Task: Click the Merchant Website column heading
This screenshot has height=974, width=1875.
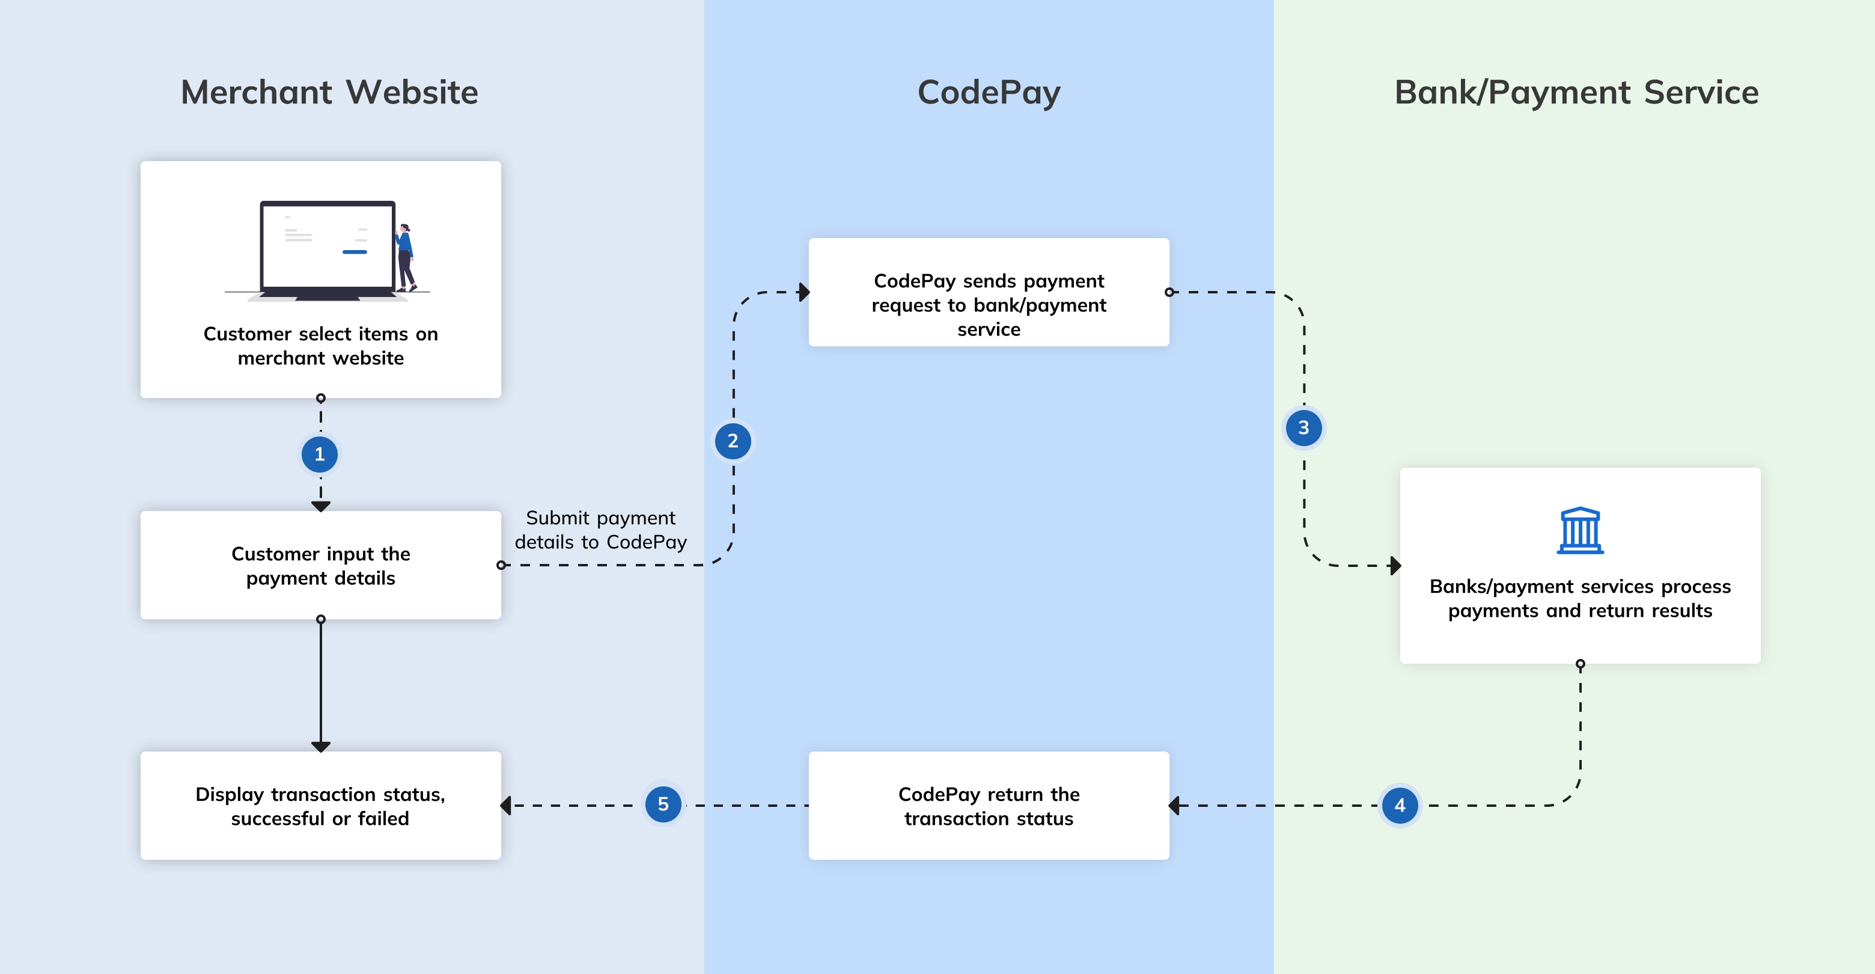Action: pyautogui.click(x=329, y=93)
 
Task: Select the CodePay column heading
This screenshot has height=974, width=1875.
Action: pyautogui.click(x=989, y=93)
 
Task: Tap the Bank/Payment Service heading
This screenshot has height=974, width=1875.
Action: pyautogui.click(x=1576, y=93)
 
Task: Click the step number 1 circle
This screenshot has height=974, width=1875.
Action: pyautogui.click(x=320, y=455)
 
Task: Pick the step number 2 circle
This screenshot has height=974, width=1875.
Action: pyautogui.click(x=733, y=441)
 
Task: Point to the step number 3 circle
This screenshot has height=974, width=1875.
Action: pyautogui.click(x=1303, y=428)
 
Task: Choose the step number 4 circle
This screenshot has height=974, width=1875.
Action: pyautogui.click(x=1400, y=805)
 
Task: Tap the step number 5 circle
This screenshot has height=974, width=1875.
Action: pyautogui.click(x=663, y=804)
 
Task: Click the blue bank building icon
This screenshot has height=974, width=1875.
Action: pyautogui.click(x=1579, y=531)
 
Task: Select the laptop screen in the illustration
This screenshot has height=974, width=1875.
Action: pyautogui.click(x=328, y=246)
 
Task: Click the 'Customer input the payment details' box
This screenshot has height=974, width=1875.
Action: pyautogui.click(x=320, y=566)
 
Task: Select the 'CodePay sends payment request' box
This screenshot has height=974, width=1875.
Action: pyautogui.click(x=989, y=292)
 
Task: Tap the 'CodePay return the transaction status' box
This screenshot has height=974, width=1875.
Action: pyautogui.click(x=989, y=806)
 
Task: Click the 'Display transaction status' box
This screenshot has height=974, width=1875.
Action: pyautogui.click(x=320, y=806)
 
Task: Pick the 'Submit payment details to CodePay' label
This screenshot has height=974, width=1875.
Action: pyautogui.click(x=600, y=530)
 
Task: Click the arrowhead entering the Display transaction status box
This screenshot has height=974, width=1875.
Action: pyautogui.click(x=507, y=806)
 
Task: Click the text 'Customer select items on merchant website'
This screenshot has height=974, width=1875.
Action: pyautogui.click(x=320, y=346)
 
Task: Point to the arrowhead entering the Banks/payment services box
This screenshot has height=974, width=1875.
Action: pyautogui.click(x=1395, y=566)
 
